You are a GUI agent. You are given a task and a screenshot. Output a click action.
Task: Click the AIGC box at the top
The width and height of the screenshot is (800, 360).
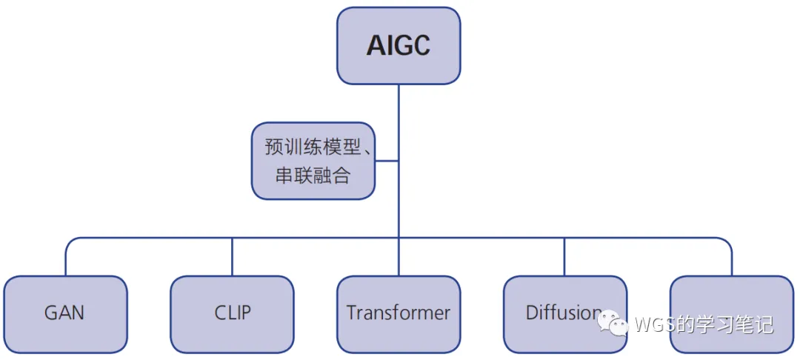pos(399,46)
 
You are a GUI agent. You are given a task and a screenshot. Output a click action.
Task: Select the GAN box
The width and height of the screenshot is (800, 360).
pos(65,313)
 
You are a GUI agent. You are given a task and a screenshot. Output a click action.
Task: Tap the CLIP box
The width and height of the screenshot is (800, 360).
pos(232,313)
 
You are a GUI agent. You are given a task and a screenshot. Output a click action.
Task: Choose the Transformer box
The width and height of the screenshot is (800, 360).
pos(399,313)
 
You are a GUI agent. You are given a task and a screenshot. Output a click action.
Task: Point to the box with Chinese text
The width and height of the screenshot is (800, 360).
pos(313,161)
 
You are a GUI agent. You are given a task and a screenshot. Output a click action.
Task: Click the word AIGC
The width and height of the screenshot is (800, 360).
pos(399,46)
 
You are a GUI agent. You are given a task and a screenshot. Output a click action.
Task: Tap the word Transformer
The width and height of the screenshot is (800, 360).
pos(399,313)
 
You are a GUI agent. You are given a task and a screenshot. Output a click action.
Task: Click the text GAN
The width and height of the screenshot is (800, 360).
pos(65,313)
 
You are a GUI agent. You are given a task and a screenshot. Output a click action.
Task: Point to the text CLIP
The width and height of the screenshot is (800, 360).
pos(232,313)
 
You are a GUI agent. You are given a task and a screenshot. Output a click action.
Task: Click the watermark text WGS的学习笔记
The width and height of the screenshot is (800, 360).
pos(704,324)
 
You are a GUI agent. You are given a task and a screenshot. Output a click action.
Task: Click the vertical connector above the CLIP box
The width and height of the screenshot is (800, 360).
pos(232,257)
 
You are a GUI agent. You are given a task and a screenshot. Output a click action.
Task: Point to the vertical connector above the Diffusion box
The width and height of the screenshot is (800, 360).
pos(564,257)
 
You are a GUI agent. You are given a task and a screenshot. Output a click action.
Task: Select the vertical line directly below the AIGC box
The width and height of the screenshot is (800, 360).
pos(399,111)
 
